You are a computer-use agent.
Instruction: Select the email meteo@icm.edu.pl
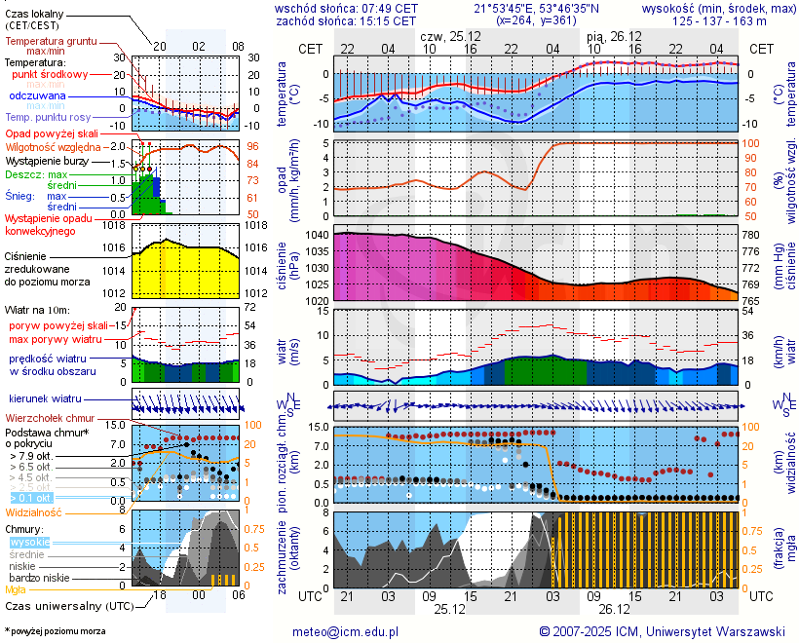pyautogui.click(x=346, y=631)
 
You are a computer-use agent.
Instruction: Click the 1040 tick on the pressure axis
pyautogui.click(x=316, y=236)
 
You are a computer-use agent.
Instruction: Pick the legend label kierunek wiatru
pyautogui.click(x=45, y=399)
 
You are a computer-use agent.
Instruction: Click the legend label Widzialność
pyautogui.click(x=34, y=511)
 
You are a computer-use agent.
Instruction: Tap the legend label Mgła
pyautogui.click(x=16, y=589)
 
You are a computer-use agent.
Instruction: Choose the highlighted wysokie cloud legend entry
pyautogui.click(x=29, y=542)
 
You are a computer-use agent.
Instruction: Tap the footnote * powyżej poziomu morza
pyautogui.click(x=55, y=631)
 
